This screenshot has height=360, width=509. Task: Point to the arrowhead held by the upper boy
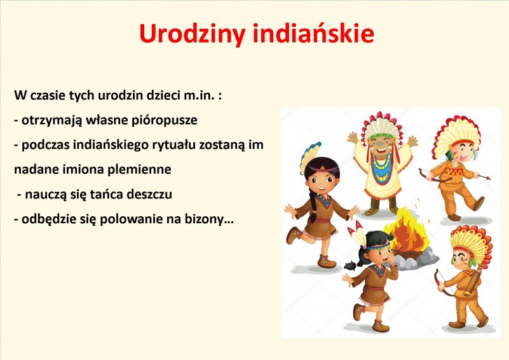[x=487, y=177]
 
